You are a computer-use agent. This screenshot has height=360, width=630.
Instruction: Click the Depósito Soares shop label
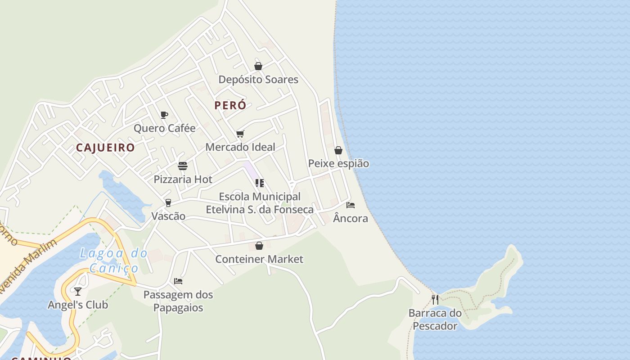tap(258, 80)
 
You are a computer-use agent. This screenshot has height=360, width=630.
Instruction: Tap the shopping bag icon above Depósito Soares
tap(258, 66)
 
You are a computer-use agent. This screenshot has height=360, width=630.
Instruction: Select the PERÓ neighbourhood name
tap(230, 105)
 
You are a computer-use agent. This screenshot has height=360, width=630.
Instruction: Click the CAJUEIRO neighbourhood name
tap(105, 148)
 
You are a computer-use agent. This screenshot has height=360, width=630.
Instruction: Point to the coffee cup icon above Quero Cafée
tap(164, 115)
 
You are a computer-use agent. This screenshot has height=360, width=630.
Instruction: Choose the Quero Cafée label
tap(165, 128)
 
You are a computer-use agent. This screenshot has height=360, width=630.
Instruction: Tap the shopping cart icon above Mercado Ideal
tap(240, 134)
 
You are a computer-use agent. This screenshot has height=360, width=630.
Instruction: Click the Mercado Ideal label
tap(240, 147)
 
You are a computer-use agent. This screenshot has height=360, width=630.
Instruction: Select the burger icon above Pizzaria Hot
tap(183, 166)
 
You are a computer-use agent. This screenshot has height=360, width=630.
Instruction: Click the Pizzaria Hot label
tap(183, 180)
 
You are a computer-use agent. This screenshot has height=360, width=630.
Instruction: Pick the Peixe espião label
tap(338, 164)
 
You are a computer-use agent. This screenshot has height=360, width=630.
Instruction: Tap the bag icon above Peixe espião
tap(338, 150)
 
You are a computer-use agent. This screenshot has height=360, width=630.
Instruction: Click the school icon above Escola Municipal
tap(260, 183)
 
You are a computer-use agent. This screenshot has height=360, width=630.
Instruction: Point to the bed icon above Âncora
tap(351, 205)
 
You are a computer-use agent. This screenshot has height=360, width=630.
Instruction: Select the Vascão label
tap(168, 216)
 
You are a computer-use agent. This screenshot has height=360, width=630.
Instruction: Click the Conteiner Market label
tap(259, 259)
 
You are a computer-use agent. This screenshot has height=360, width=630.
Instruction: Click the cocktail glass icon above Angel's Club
tap(78, 292)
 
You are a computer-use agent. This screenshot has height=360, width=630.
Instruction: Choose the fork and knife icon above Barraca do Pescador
tap(435, 300)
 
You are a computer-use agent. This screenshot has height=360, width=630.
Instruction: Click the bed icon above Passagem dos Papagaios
tap(178, 281)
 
